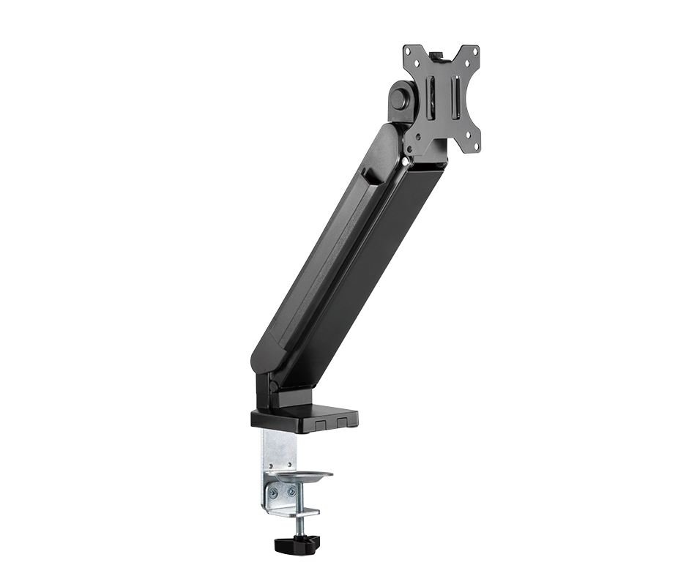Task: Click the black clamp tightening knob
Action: coord(298,544)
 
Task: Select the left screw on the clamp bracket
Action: coord(273,493)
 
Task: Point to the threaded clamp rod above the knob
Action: coord(299,525)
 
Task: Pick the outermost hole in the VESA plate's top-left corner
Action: coord(408,51)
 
